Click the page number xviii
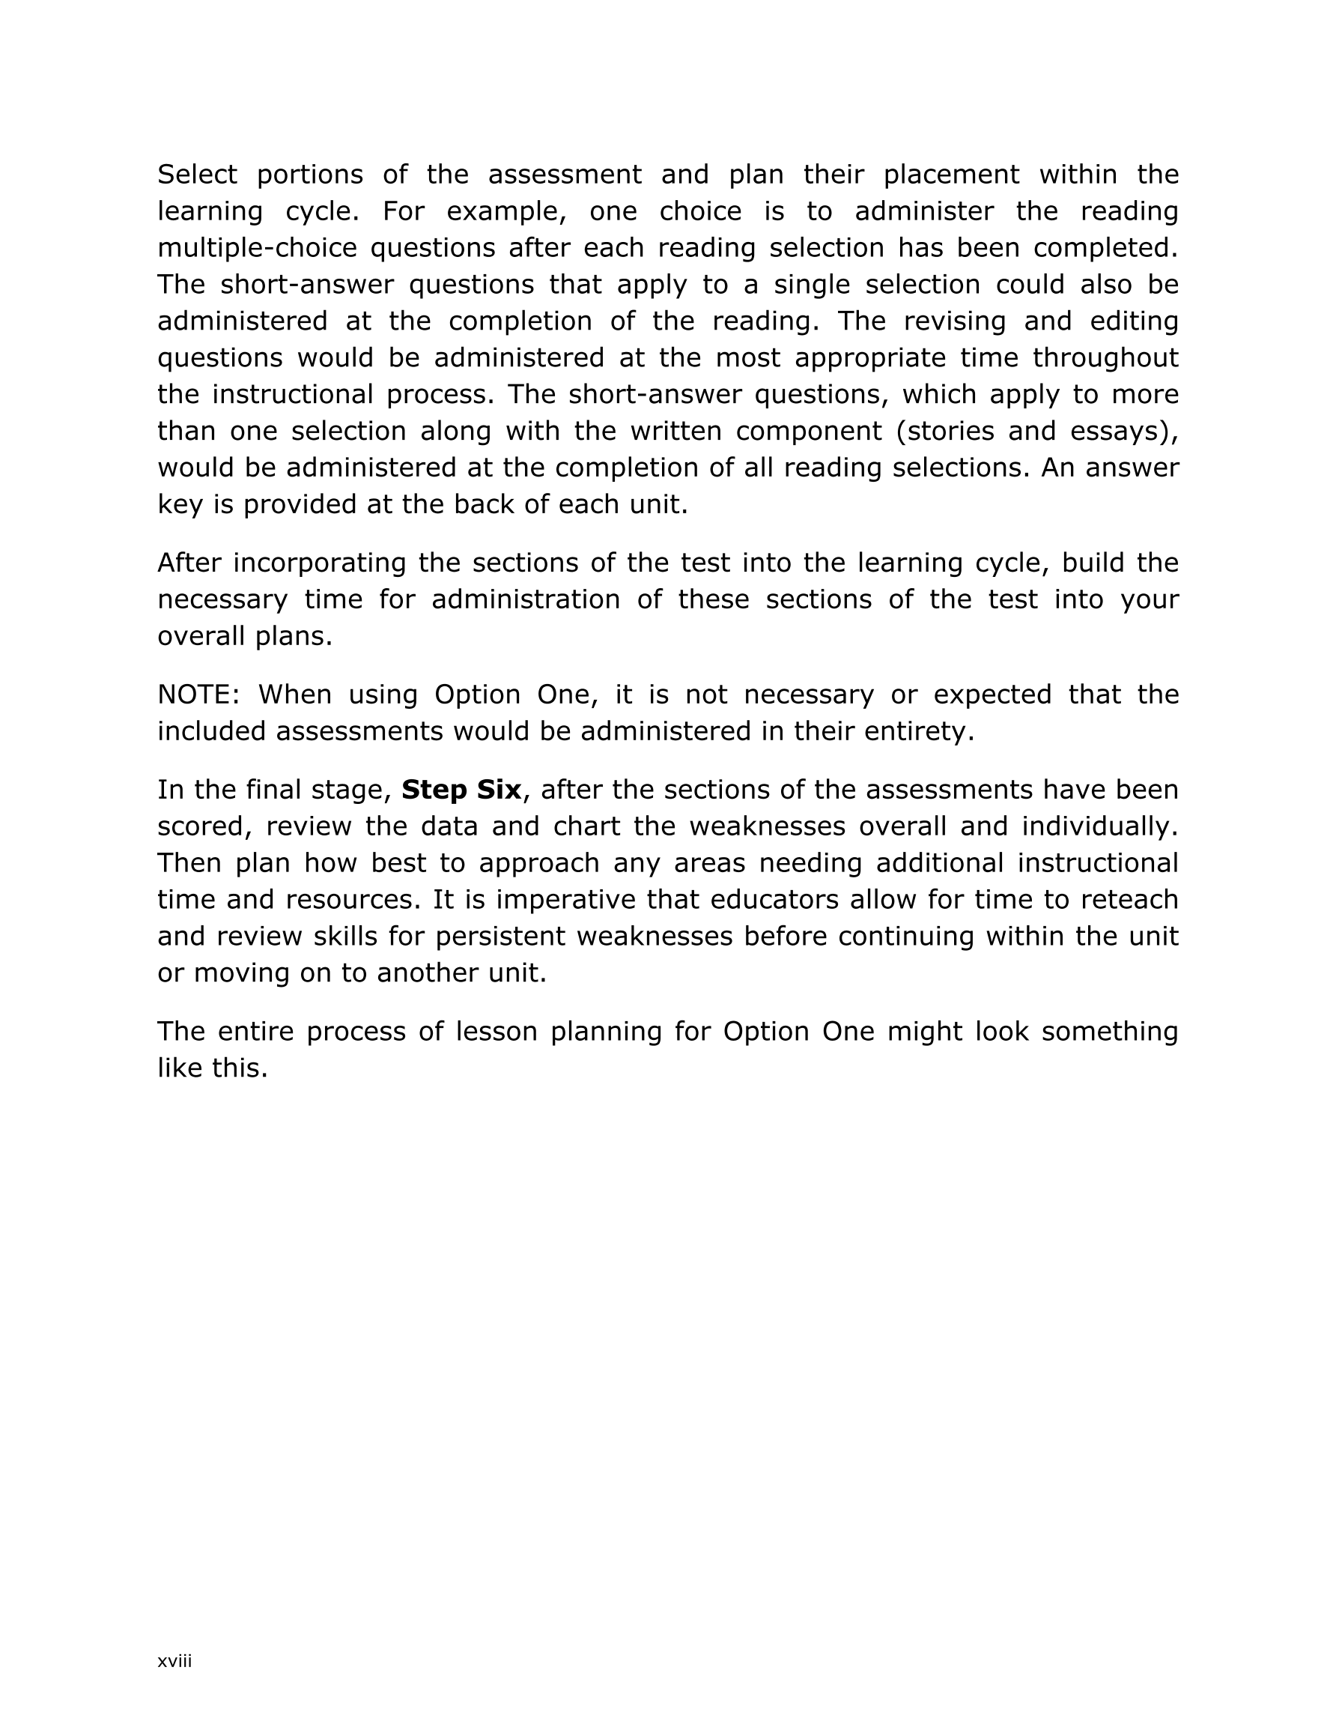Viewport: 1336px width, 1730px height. tap(174, 1661)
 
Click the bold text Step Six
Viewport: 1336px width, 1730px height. tap(461, 790)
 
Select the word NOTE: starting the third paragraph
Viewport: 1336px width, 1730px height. tap(198, 695)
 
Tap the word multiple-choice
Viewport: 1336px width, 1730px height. tap(258, 249)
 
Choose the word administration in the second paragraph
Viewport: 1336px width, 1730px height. tap(525, 599)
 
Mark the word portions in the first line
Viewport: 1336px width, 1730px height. tap(309, 175)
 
